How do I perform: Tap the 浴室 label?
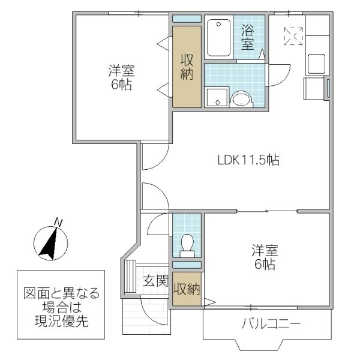point(248,37)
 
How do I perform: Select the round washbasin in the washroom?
point(241,98)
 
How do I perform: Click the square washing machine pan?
point(215,97)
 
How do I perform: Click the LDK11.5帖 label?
point(248,160)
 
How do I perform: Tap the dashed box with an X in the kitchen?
point(293,37)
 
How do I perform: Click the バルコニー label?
point(271,325)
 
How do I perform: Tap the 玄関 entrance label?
point(155,280)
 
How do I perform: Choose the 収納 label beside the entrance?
point(187,289)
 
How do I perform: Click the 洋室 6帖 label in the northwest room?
point(121,77)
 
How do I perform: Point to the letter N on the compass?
point(58,222)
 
